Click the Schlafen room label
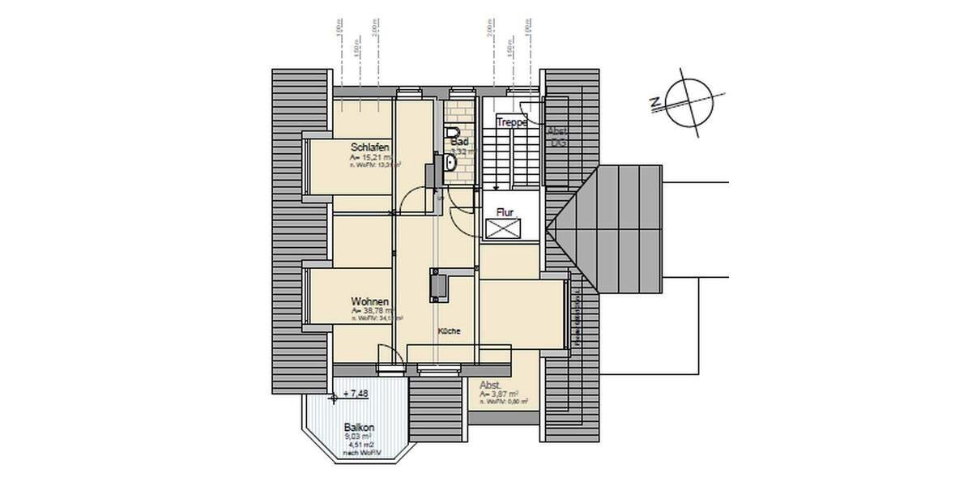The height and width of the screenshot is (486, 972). pyautogui.click(x=370, y=147)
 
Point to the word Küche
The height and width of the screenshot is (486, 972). pyautogui.click(x=450, y=332)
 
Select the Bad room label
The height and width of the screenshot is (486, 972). pyautogui.click(x=460, y=140)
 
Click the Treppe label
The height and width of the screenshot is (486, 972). pyautogui.click(x=512, y=122)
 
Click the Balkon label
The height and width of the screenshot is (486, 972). pyautogui.click(x=359, y=427)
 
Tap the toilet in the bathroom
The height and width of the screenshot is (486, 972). pyautogui.click(x=453, y=133)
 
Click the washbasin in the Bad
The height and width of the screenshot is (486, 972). pyautogui.click(x=450, y=164)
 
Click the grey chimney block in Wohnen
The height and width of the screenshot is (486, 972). pyautogui.click(x=438, y=285)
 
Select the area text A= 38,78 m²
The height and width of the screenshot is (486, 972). pyautogui.click(x=372, y=310)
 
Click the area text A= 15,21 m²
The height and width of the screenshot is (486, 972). pyautogui.click(x=371, y=156)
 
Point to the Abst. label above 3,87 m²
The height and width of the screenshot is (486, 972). pyautogui.click(x=490, y=385)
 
